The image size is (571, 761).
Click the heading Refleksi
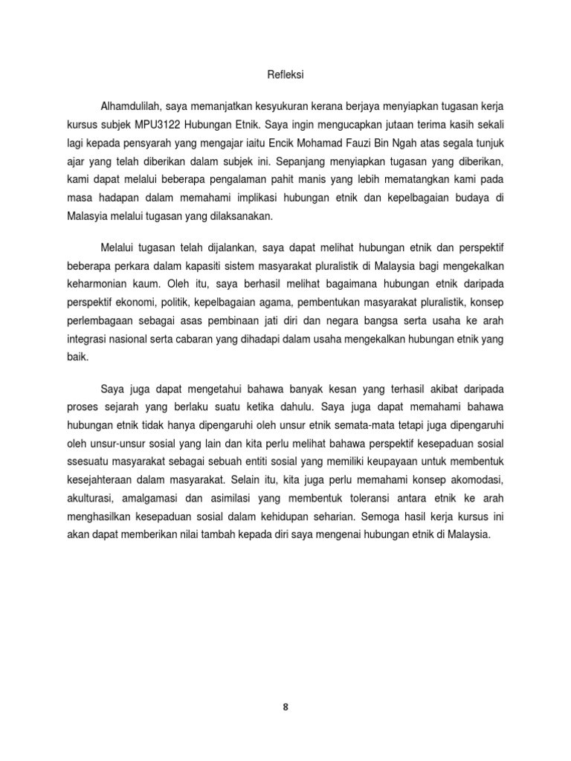(285, 74)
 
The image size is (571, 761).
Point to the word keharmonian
(91, 282)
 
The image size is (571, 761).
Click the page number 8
(285, 707)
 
